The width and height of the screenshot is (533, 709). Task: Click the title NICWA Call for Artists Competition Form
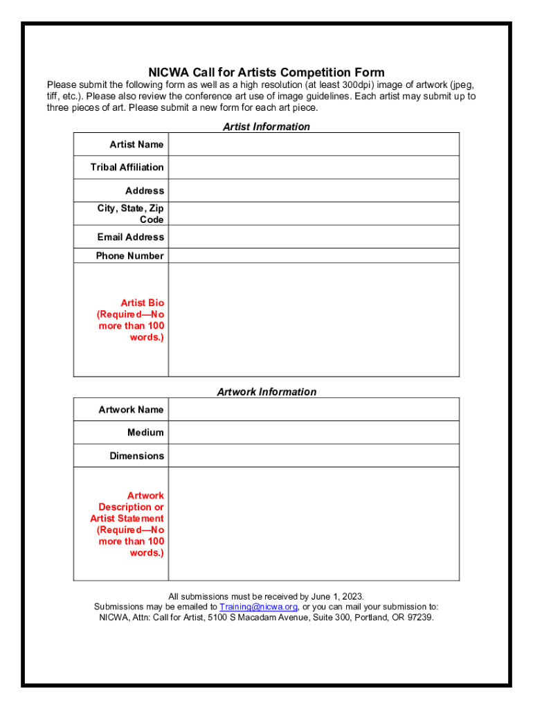(266, 73)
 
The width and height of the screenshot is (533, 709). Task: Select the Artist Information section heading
(266, 127)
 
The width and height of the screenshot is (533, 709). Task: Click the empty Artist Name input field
(314, 144)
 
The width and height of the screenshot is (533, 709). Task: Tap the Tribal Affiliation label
(127, 167)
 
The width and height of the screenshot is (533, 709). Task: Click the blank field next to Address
(314, 190)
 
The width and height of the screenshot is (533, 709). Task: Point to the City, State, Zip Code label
(131, 214)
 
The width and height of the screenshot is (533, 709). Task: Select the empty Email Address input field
(314, 237)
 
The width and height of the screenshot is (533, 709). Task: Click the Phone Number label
(129, 255)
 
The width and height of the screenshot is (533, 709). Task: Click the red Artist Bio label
(132, 320)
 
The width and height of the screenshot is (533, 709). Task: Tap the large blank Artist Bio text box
(314, 320)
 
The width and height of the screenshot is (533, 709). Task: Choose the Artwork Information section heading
(266, 392)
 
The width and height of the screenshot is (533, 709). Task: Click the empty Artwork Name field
(314, 409)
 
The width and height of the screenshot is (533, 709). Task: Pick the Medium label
(145, 432)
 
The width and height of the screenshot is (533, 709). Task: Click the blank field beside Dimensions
(314, 456)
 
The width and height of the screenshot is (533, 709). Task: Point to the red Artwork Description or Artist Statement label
(127, 524)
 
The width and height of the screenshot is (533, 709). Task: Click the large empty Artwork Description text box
(314, 524)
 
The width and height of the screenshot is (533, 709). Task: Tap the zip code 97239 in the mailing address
(420, 617)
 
